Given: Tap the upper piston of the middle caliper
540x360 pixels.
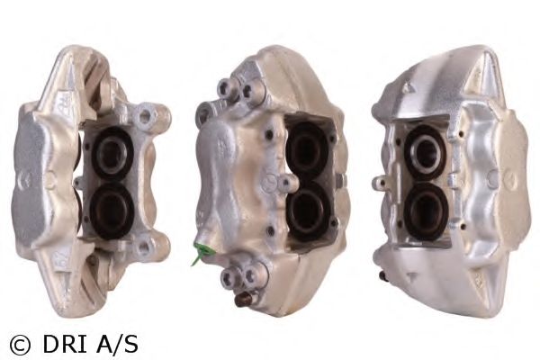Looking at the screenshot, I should click(306, 148).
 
